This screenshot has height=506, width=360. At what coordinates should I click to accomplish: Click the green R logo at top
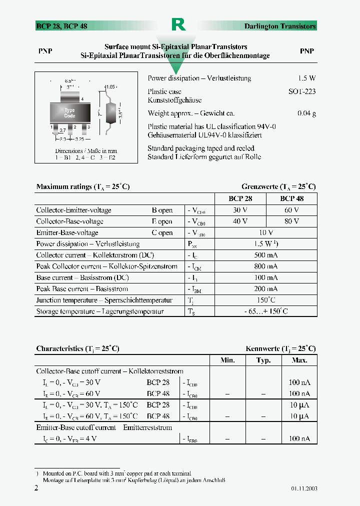[x=178, y=25]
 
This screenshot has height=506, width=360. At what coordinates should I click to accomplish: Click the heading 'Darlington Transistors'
[x=280, y=26]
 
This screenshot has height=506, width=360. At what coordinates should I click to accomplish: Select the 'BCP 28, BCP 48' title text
[x=61, y=26]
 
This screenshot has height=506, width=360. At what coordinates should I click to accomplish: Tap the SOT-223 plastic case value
[x=302, y=91]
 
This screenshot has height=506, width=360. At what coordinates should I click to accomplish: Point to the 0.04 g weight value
[x=306, y=113]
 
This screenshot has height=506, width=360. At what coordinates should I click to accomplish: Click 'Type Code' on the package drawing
[x=69, y=113]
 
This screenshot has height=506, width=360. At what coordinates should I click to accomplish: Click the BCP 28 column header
[x=240, y=198]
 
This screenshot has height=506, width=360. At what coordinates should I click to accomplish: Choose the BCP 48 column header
[x=291, y=198]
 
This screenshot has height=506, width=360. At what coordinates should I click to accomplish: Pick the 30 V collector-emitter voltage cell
[x=240, y=210]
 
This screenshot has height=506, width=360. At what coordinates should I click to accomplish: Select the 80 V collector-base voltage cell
[x=291, y=221]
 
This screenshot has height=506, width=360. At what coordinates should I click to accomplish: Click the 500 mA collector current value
[x=266, y=255]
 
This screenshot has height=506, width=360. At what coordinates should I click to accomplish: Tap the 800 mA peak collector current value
[x=266, y=266]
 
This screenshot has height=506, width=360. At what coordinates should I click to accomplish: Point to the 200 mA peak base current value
[x=266, y=289]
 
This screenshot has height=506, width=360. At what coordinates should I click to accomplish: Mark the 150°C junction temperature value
[x=266, y=300]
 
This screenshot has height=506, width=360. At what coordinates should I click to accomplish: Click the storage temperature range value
[x=266, y=311]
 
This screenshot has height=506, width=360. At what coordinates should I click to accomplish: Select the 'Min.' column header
[x=227, y=360]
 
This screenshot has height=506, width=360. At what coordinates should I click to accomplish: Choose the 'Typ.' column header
[x=263, y=360]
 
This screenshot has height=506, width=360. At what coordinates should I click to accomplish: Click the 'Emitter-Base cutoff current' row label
[x=104, y=427]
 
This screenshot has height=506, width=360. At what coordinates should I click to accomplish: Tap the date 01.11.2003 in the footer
[x=303, y=488]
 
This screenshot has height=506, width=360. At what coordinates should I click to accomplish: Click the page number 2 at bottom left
[x=36, y=488]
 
